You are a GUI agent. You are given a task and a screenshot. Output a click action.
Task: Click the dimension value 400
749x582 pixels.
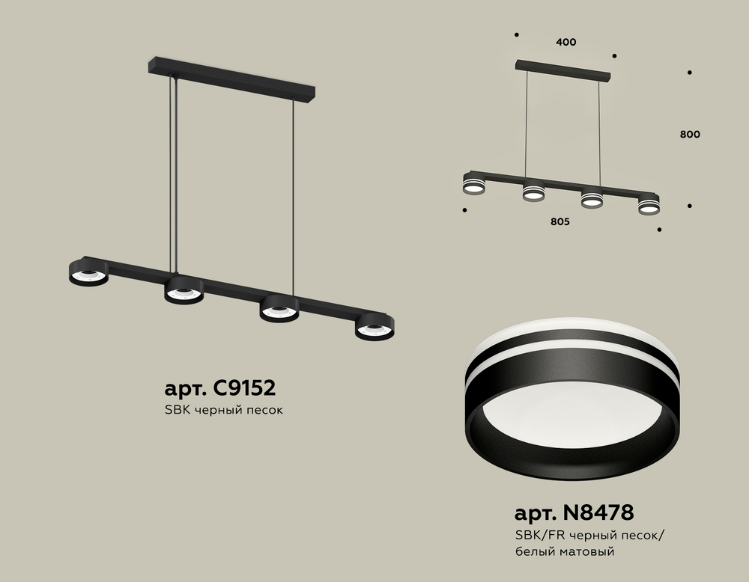click(x=566, y=42)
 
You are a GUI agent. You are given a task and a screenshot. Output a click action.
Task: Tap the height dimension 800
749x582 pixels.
click(x=691, y=135)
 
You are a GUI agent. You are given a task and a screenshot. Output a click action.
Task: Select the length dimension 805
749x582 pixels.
click(x=560, y=221)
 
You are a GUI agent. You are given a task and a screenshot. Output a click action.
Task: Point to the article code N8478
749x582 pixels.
click(x=599, y=512)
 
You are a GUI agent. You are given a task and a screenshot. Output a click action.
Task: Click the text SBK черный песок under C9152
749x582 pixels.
click(x=223, y=410)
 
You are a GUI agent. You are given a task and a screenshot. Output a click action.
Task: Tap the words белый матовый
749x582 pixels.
click(x=565, y=552)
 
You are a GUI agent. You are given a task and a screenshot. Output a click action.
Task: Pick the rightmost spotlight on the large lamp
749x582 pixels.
click(x=374, y=327)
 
